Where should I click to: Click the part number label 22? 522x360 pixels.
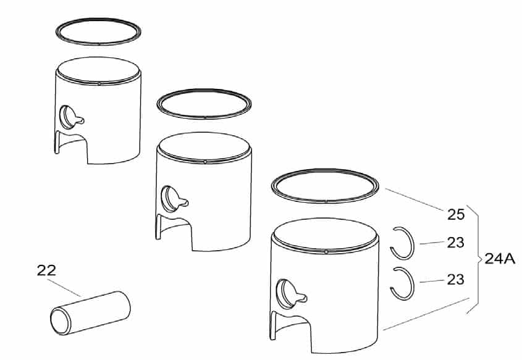(46, 270)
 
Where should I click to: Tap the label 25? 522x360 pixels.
(455, 215)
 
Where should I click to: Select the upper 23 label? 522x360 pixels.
(455, 243)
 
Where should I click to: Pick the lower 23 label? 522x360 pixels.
(455, 280)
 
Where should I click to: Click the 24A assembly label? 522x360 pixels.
(499, 259)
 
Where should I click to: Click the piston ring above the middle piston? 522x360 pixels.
(204, 106)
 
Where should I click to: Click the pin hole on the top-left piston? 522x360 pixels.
(67, 115)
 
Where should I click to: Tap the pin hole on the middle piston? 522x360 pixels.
(169, 197)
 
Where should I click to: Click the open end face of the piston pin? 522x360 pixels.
(61, 322)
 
